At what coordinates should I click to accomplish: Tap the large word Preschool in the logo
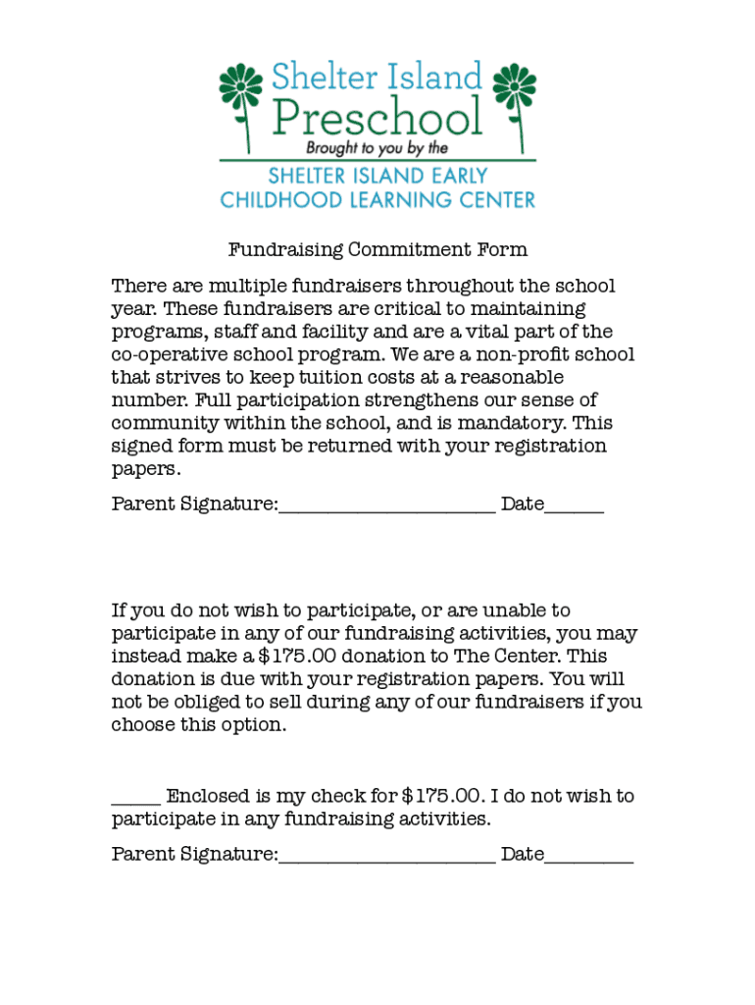377,117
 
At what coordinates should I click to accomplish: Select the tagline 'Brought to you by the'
377,148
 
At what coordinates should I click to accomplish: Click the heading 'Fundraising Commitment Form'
377,250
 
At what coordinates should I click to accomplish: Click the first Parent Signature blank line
386,508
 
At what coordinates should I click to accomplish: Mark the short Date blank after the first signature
575,508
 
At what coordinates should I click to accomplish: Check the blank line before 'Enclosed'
135,801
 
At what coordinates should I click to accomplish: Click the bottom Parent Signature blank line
386,859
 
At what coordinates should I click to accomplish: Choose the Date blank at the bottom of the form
589,859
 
